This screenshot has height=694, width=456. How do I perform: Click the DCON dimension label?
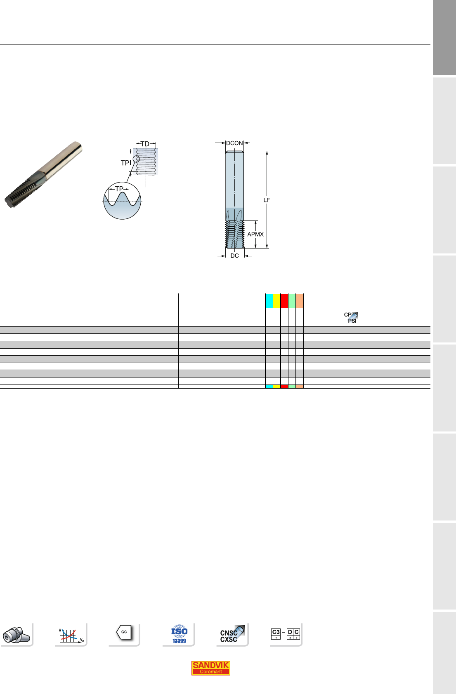pyautogui.click(x=234, y=143)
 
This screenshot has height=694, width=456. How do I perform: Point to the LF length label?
pyautogui.click(x=267, y=200)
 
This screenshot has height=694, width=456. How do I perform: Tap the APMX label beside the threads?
pyautogui.click(x=255, y=234)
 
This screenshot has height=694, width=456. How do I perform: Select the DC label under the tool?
pyautogui.click(x=234, y=256)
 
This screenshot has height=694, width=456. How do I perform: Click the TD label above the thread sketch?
pyautogui.click(x=145, y=144)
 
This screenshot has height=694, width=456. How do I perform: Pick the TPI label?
pyautogui.click(x=126, y=163)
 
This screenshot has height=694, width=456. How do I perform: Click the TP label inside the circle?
pyautogui.click(x=119, y=189)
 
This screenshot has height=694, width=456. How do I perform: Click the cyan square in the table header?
pyautogui.click(x=269, y=301)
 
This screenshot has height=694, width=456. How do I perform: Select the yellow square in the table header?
pyautogui.click(x=277, y=301)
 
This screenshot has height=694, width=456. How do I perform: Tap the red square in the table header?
pyautogui.click(x=284, y=301)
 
